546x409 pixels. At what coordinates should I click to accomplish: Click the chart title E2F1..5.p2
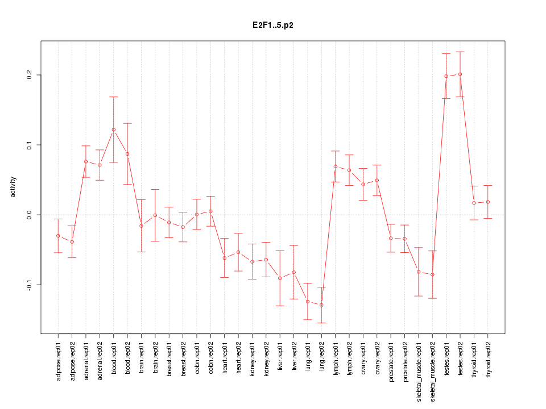click(273, 26)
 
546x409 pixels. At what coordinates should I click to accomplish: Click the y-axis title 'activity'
click(14, 187)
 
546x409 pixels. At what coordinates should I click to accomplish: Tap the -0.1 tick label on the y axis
click(30, 284)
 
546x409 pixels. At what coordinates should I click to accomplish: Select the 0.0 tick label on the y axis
click(30, 215)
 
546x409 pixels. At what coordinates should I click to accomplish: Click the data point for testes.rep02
click(460, 74)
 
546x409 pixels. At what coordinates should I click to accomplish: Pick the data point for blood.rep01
click(114, 130)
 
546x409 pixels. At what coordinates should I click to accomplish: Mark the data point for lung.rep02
click(321, 305)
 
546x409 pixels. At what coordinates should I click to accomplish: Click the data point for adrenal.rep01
click(86, 162)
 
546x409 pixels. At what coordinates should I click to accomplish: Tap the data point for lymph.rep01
click(336, 166)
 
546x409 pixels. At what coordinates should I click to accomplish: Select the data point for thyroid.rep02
click(488, 202)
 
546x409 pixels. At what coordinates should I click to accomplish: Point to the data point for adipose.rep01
click(58, 236)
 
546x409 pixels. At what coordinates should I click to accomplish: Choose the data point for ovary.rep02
click(377, 181)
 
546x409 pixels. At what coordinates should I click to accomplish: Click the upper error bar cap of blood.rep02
click(127, 123)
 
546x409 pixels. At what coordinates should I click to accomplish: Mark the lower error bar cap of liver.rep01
click(280, 306)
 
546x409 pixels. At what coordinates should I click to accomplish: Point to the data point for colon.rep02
click(210, 211)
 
